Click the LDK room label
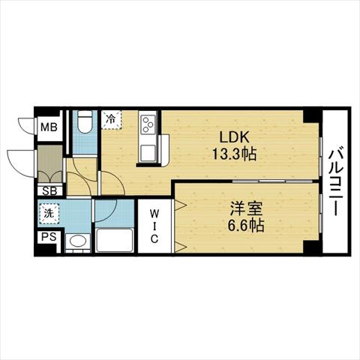[x=234, y=136]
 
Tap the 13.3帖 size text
[x=234, y=154]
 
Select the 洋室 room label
[x=246, y=208]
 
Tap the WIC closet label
[x=154, y=226]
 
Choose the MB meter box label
[x=49, y=127]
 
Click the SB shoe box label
[x=49, y=191]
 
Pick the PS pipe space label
[x=49, y=236]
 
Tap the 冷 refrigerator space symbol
[x=111, y=119]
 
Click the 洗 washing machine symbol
[x=49, y=213]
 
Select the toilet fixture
[x=85, y=121]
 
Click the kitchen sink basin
[x=148, y=153]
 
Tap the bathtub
[x=114, y=240]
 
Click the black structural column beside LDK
[x=311, y=116]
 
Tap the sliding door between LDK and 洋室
[x=272, y=181]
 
